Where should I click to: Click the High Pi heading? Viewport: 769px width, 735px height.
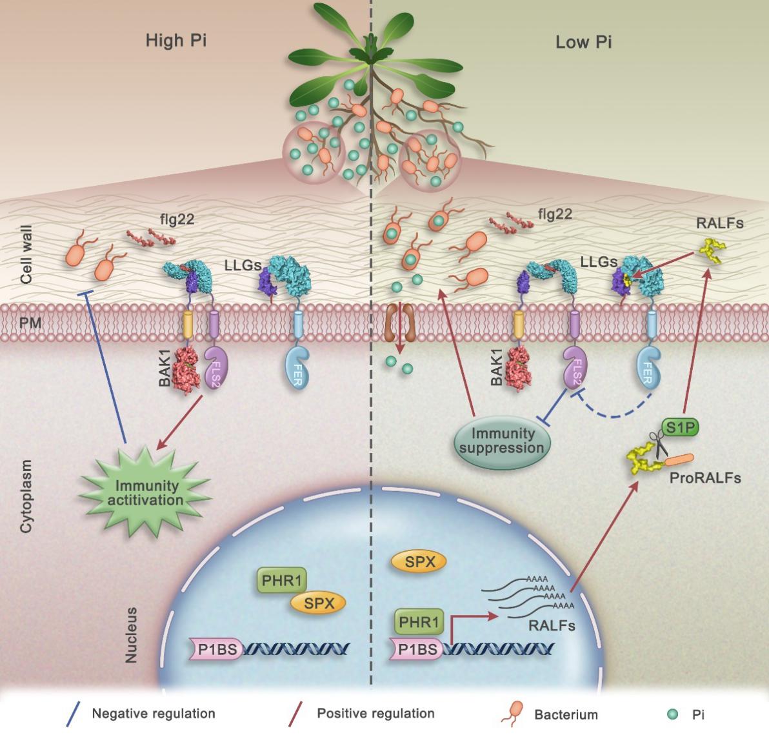click(x=176, y=42)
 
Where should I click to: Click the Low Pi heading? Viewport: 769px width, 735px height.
click(x=583, y=43)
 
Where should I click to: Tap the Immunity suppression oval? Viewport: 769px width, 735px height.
click(x=503, y=441)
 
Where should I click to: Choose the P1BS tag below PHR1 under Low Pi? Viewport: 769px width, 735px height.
click(x=416, y=650)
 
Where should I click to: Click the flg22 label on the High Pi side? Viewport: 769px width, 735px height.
click(x=177, y=220)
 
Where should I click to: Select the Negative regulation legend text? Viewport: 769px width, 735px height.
click(x=154, y=714)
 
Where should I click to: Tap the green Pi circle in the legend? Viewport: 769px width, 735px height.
click(x=672, y=714)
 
